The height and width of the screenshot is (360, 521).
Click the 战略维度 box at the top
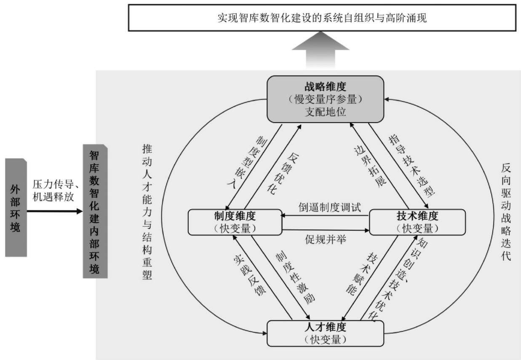[325, 99]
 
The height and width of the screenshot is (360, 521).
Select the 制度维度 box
[235, 222]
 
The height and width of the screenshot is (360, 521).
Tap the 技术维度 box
[417, 222]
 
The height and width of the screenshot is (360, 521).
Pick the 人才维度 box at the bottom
[325, 333]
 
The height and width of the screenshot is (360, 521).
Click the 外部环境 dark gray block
[16, 207]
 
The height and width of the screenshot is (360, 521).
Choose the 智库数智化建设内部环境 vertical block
[95, 211]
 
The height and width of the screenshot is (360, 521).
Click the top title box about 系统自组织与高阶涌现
[322, 18]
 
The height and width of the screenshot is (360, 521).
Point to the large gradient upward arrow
[321, 49]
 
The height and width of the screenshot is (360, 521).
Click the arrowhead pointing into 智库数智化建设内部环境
[80, 211]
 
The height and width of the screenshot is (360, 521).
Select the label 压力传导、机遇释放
[55, 191]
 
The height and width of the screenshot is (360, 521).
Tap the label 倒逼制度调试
[330, 207]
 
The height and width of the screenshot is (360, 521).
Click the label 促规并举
[326, 239]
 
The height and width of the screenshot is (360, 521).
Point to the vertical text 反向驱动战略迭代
[506, 212]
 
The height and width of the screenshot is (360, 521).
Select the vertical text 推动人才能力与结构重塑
[147, 212]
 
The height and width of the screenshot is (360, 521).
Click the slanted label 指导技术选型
[411, 166]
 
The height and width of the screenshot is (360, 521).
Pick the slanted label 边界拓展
[370, 166]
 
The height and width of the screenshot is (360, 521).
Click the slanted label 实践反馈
[249, 275]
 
